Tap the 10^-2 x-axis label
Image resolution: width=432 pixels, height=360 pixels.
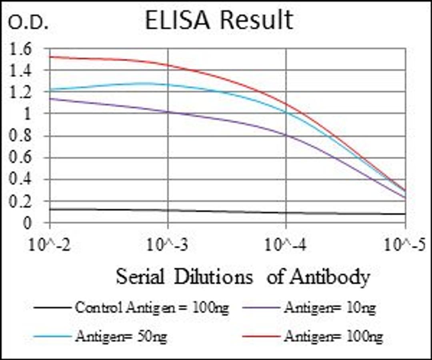49,244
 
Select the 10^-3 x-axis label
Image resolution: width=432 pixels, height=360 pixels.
168,244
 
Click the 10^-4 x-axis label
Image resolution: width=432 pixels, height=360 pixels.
286,244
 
